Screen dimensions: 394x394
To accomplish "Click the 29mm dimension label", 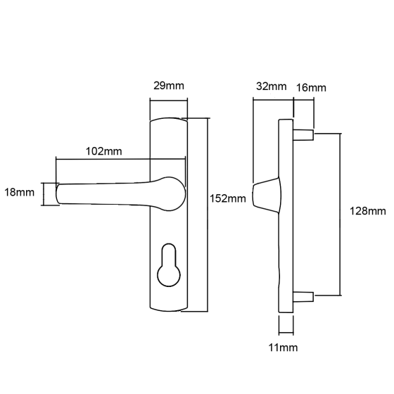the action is [x=169, y=86].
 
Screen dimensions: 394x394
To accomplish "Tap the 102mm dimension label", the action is [x=104, y=151].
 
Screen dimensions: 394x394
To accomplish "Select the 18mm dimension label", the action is [x=20, y=193].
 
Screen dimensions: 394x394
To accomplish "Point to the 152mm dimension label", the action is [x=228, y=198].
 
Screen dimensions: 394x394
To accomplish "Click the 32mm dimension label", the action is [x=271, y=86].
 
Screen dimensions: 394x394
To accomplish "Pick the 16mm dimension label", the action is [x=311, y=88].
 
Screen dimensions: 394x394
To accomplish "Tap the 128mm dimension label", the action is [x=367, y=211].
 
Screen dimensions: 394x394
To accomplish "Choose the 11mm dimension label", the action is [x=283, y=348].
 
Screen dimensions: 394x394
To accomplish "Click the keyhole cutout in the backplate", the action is [x=169, y=265].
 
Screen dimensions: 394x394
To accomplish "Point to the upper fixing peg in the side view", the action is [x=303, y=134].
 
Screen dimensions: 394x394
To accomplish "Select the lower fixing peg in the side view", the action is [x=303, y=296].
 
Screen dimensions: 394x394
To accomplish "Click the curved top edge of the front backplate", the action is [x=169, y=119].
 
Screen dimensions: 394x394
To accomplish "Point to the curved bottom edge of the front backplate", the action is [x=169, y=310].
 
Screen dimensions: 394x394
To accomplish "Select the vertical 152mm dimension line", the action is [x=208, y=215].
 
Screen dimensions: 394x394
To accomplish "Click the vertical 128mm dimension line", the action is [x=341, y=215].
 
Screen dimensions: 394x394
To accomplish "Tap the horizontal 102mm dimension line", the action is [x=120, y=159].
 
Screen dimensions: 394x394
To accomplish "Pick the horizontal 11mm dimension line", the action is [x=286, y=333].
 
